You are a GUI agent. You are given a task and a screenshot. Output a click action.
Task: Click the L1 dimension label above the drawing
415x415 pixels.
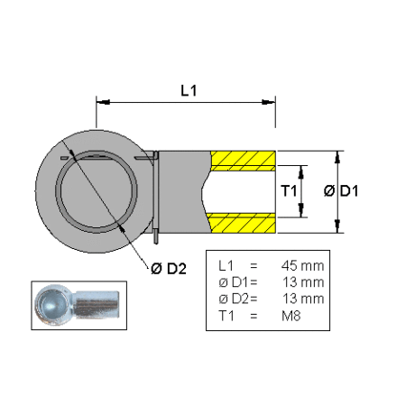189,90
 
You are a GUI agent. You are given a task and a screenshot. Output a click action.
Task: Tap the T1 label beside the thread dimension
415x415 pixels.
289,191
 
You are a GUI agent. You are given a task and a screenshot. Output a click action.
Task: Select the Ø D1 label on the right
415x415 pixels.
341,191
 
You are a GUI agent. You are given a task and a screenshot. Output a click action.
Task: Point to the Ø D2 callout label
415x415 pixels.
169,268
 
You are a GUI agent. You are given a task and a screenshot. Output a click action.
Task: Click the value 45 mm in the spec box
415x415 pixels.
302,266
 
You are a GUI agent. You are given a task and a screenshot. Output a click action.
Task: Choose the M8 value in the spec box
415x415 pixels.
291,316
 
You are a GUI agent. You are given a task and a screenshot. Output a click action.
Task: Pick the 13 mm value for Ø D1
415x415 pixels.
303,282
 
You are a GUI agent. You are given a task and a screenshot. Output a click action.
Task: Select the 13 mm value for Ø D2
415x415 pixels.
303,299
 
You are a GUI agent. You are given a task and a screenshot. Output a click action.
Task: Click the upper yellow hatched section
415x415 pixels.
243,161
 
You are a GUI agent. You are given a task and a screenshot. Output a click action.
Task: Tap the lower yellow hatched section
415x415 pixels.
242,223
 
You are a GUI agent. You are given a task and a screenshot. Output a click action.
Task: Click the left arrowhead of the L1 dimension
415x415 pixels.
103,102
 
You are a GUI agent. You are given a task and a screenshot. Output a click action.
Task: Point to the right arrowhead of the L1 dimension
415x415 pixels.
269,102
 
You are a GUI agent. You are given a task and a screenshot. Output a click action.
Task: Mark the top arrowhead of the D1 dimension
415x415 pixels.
337,157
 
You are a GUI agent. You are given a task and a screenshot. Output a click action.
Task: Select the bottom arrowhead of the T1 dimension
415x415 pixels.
301,210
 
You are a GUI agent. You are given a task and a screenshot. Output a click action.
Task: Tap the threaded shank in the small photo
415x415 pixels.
97,304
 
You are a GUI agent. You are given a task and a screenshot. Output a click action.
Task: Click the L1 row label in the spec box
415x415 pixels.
226,266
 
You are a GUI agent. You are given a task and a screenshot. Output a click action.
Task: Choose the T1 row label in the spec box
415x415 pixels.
226,316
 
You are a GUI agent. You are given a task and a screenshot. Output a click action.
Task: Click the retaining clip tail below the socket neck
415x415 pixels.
156,235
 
